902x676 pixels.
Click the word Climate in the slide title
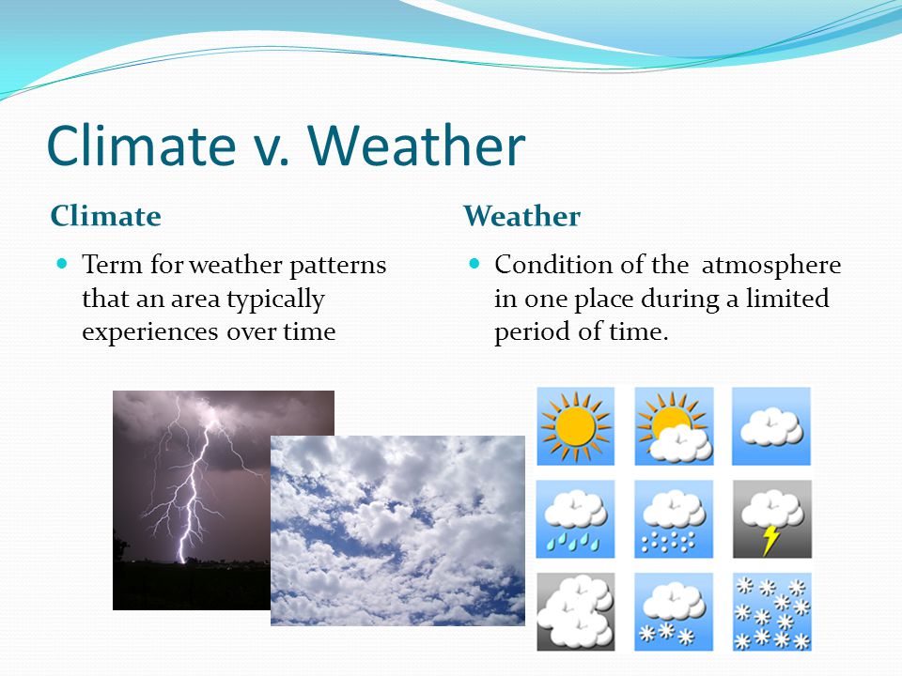tap(142, 146)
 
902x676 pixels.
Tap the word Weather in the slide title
tap(416, 146)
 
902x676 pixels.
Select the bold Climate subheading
tap(106, 216)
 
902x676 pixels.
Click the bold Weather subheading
tap(521, 216)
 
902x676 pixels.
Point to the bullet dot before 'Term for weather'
tap(62, 264)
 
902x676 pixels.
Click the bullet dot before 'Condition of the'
tap(474, 264)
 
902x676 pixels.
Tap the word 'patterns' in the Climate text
tap(337, 266)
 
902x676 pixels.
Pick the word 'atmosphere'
tap(771, 266)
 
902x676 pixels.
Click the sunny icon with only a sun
tap(575, 426)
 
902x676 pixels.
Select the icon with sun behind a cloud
tap(674, 426)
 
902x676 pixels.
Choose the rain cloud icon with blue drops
tap(575, 519)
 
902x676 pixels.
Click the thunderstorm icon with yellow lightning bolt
tap(772, 519)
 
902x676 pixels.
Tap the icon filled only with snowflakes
tap(772, 612)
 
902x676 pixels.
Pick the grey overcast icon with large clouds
tap(575, 612)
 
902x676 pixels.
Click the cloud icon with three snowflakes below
tap(674, 612)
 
